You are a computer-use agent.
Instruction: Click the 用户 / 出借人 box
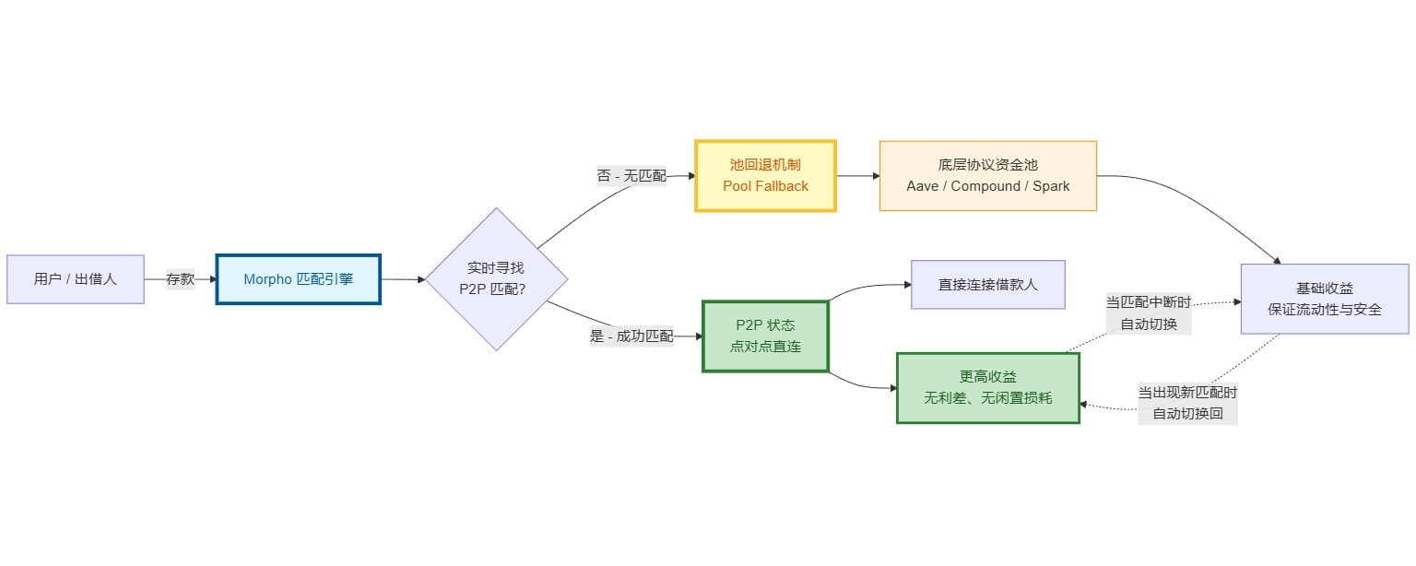tap(76, 279)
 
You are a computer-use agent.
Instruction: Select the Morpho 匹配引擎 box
tap(298, 279)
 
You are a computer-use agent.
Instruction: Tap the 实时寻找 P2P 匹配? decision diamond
tap(496, 278)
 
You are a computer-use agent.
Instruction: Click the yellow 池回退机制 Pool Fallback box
tap(765, 175)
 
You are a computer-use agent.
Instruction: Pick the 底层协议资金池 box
tap(987, 175)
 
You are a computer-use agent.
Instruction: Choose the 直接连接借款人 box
tap(987, 284)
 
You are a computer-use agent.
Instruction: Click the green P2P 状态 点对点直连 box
tap(765, 336)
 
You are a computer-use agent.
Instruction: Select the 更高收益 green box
tap(987, 388)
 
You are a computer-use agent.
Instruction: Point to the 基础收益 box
tap(1324, 299)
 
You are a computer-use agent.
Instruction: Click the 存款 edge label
tap(180, 279)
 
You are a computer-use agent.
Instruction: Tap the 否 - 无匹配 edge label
tap(631, 175)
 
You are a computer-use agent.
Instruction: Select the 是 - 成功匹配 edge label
tap(631, 336)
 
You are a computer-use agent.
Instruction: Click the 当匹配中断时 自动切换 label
tap(1149, 312)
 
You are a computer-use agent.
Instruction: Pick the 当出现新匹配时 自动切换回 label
tap(1187, 403)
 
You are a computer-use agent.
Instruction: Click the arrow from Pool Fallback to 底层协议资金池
tap(857, 175)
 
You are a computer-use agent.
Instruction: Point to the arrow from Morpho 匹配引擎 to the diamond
tap(403, 279)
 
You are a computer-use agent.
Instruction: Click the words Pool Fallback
tap(765, 186)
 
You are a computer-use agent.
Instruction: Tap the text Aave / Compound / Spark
tap(987, 186)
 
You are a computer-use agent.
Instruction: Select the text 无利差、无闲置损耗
tap(987, 398)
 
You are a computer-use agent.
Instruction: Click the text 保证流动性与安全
tap(1324, 310)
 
